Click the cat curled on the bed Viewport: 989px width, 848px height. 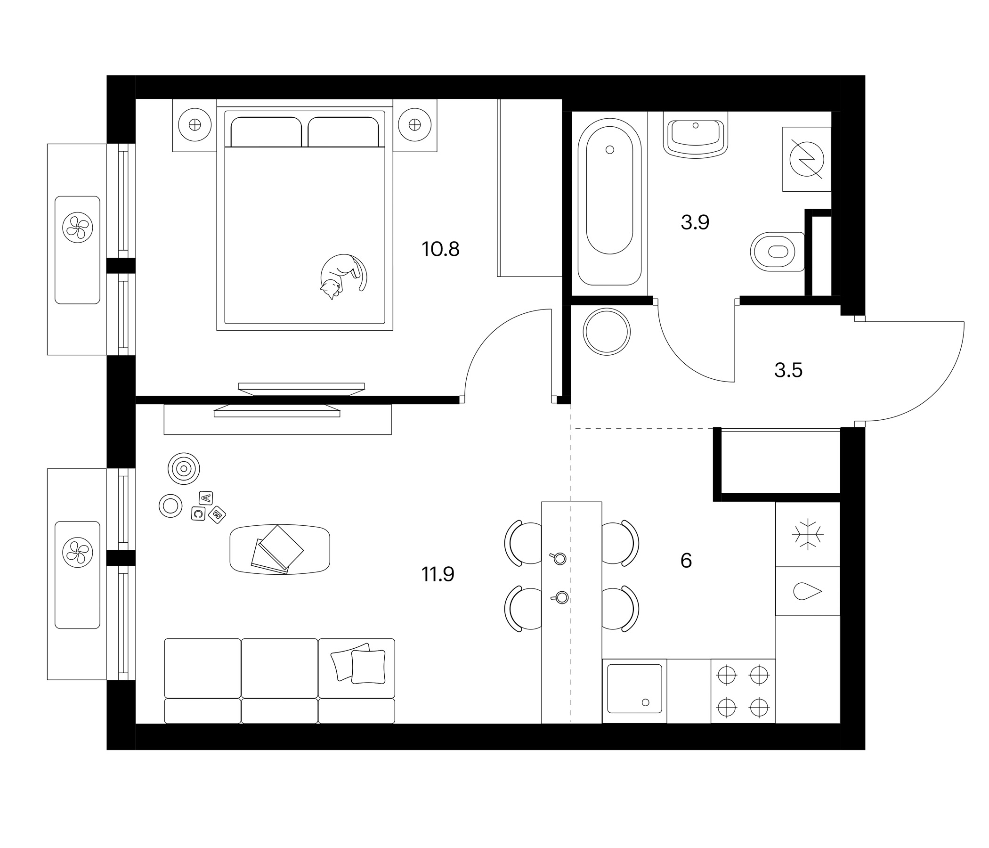[x=343, y=276]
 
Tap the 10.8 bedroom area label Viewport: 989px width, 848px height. [x=440, y=249]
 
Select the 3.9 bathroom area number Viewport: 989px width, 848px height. [x=695, y=222]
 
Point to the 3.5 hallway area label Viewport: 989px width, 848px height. [x=788, y=370]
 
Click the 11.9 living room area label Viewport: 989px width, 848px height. [x=438, y=574]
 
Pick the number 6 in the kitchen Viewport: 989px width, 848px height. [x=686, y=561]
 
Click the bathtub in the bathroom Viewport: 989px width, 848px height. [x=609, y=202]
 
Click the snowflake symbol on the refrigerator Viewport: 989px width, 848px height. [x=808, y=534]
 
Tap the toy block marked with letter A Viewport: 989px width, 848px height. [x=206, y=498]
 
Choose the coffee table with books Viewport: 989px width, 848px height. [x=280, y=549]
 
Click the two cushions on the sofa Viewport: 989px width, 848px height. [x=358, y=664]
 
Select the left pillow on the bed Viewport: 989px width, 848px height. [x=267, y=132]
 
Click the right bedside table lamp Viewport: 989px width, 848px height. [x=415, y=125]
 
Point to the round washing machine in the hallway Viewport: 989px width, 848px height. [x=607, y=332]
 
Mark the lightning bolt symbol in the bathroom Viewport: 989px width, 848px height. [x=807, y=159]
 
